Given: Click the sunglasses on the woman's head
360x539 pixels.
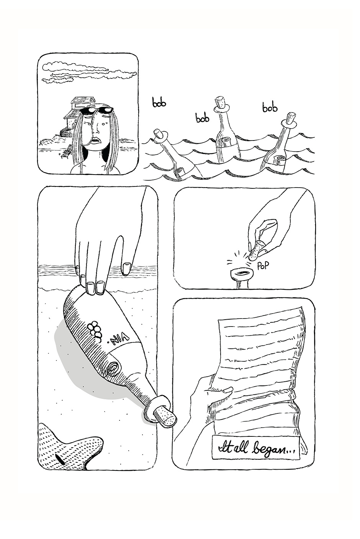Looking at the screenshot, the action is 97,111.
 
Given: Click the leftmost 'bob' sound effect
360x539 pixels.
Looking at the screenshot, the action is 159,103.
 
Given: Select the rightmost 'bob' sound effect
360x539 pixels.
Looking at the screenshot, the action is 270,108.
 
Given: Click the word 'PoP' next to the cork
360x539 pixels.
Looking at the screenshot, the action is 262,266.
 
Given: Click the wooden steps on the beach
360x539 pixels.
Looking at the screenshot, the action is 67,150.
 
